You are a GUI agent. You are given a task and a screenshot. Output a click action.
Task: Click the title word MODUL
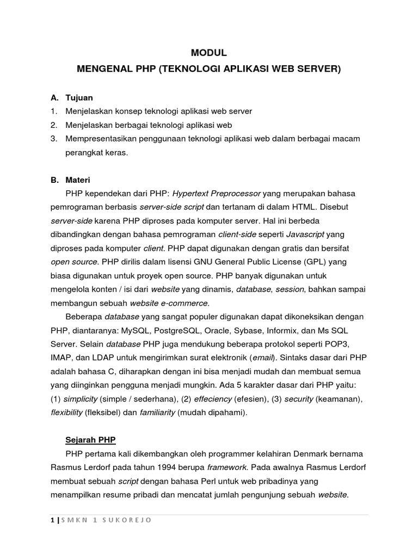point(208,53)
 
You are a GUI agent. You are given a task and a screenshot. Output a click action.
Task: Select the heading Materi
point(78,180)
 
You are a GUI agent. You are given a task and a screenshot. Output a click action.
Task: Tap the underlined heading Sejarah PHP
point(90,440)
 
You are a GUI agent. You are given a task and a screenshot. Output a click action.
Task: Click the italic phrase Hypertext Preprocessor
point(217,193)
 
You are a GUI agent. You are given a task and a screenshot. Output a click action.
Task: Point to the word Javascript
point(305,234)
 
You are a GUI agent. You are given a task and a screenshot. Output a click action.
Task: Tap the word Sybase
point(252,330)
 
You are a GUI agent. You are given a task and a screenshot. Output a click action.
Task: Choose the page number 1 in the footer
point(52,520)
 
